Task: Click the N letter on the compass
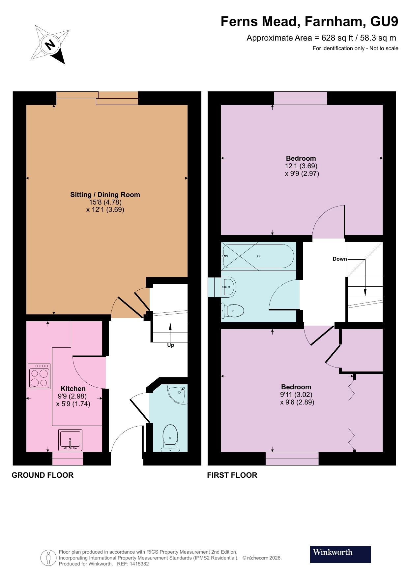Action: (x=50, y=44)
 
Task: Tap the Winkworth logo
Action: (x=340, y=554)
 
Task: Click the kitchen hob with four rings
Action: (x=39, y=376)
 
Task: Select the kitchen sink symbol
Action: (x=70, y=440)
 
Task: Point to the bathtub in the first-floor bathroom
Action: (x=258, y=256)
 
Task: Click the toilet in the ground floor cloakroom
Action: (x=170, y=437)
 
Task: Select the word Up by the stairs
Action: (x=170, y=345)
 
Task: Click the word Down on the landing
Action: (x=339, y=259)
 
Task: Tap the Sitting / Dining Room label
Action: (x=105, y=195)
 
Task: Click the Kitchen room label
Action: (x=73, y=389)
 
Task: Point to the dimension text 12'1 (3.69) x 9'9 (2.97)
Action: (x=301, y=170)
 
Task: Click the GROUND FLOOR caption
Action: (x=43, y=475)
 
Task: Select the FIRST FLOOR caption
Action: (x=232, y=475)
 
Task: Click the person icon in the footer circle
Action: (x=48, y=558)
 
